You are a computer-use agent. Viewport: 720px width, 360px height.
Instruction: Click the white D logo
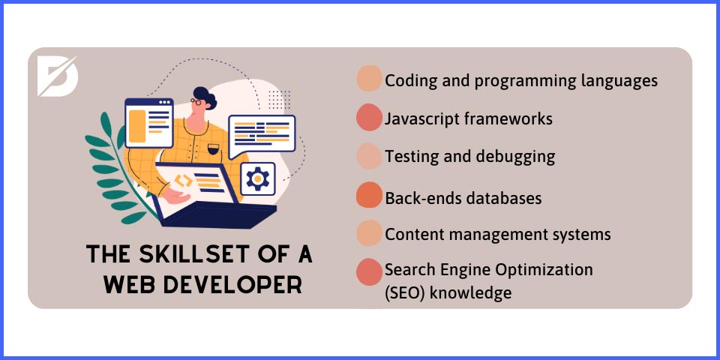pyautogui.click(x=56, y=76)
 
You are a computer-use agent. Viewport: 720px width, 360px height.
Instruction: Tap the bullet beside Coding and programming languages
pyautogui.click(x=369, y=79)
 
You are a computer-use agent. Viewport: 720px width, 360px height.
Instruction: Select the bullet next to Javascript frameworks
pyautogui.click(x=369, y=118)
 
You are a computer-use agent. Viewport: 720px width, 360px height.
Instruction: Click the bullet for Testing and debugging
pyautogui.click(x=369, y=156)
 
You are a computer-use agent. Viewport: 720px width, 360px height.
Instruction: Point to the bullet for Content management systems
pyautogui.click(x=369, y=233)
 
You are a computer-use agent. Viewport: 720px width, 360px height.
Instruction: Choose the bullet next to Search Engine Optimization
pyautogui.click(x=369, y=271)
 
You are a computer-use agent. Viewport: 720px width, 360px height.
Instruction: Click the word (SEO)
pyautogui.click(x=406, y=292)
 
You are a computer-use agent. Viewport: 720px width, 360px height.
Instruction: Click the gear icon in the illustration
pyautogui.click(x=258, y=178)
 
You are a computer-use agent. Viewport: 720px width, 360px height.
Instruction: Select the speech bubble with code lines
pyautogui.click(x=262, y=133)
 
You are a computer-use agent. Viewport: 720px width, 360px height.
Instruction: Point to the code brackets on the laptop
pyautogui.click(x=184, y=180)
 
